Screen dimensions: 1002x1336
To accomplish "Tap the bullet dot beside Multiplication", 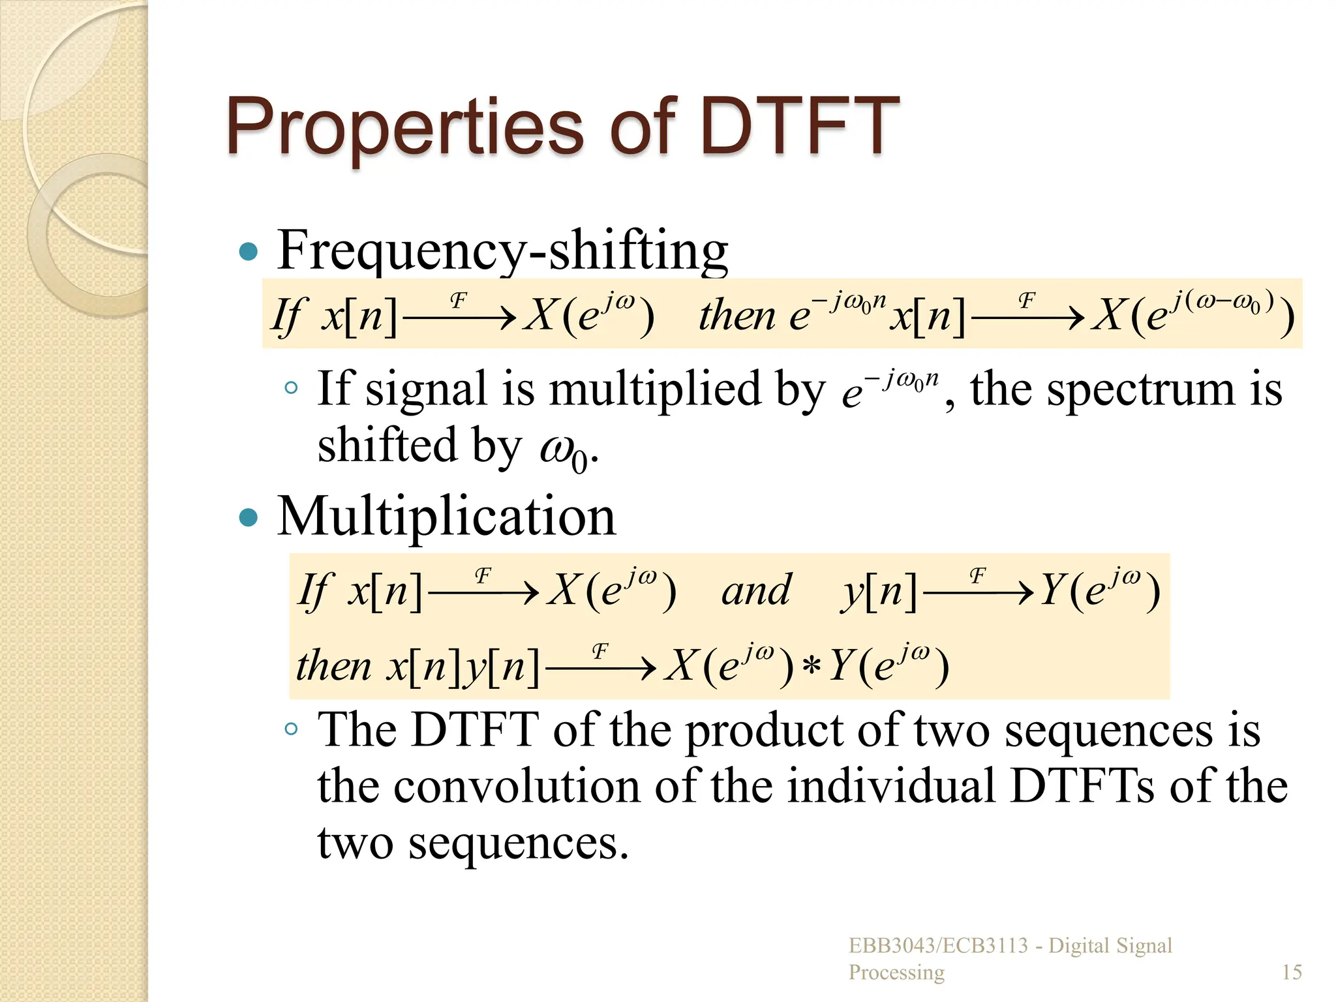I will (x=249, y=518).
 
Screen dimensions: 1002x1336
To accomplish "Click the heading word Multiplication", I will (x=446, y=517).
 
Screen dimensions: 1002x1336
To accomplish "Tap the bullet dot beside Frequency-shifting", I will (x=249, y=251).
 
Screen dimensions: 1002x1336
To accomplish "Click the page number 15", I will (x=1292, y=972).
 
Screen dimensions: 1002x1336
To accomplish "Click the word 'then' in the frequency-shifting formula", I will (x=737, y=316).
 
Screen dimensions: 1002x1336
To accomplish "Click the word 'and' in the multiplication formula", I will (x=756, y=591).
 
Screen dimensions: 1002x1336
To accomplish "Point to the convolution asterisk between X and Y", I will (x=812, y=667).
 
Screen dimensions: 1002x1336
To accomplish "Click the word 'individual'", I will (x=891, y=787).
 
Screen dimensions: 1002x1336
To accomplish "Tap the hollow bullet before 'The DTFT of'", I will (x=291, y=729).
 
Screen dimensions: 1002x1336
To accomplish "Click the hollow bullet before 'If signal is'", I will (x=291, y=388).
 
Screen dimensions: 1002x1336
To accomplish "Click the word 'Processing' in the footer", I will (x=896, y=972).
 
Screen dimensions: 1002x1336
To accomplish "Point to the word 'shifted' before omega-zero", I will (x=387, y=446).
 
